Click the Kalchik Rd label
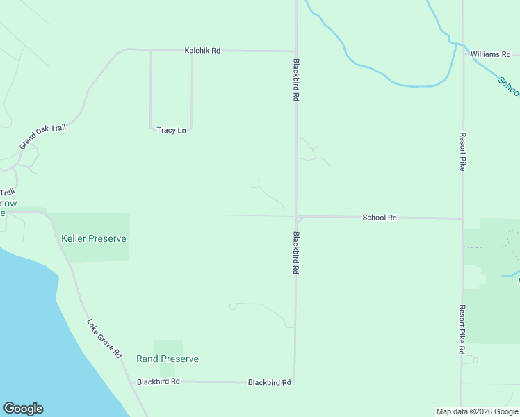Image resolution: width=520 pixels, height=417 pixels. pos(202,51)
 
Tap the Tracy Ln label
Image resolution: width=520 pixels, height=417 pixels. pos(171,130)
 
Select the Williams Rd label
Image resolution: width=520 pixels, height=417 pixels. pos(490,54)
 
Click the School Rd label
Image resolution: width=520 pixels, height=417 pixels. pos(380,218)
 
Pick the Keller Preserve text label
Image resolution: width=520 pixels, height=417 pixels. pos(94,238)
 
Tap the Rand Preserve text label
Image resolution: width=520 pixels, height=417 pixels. pos(168,359)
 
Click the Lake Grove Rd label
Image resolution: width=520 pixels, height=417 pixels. pos(104,338)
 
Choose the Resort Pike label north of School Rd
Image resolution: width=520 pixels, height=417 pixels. pos(462,152)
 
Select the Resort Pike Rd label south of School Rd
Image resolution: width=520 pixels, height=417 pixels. pos(462,329)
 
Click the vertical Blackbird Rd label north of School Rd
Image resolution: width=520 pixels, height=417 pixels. pos(296,80)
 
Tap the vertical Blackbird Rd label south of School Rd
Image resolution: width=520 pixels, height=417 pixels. pos(296,252)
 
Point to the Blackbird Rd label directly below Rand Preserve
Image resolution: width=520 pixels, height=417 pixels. pos(159,382)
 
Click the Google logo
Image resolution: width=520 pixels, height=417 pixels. pos(23,409)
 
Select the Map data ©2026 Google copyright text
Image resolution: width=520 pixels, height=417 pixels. pos(476,411)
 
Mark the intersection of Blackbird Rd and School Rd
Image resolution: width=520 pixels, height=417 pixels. pos(297,216)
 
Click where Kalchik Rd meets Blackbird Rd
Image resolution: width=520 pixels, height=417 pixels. pos(296,51)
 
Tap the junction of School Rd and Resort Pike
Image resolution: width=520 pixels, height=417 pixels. pos(462,218)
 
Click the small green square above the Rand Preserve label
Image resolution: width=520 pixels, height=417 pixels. pos(168,347)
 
